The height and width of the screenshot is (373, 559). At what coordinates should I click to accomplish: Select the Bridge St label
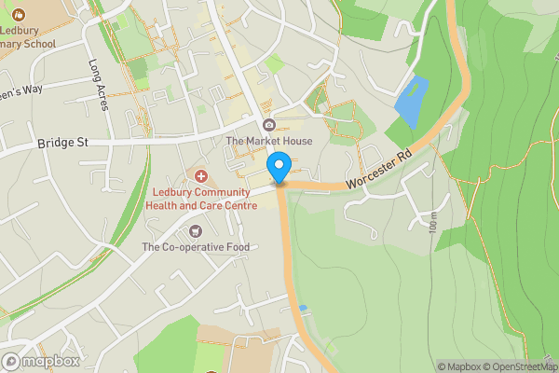[x=62, y=143]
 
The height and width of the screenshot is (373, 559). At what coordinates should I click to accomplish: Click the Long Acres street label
[x=100, y=85]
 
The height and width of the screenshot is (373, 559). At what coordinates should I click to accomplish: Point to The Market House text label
[x=269, y=141]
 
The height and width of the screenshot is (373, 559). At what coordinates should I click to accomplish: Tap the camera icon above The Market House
[x=269, y=126]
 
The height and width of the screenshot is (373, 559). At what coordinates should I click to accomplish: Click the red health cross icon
[x=200, y=176]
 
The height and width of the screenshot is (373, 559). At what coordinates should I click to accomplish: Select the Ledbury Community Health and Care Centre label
[x=196, y=199]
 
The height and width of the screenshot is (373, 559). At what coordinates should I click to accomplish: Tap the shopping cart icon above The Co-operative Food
[x=195, y=231]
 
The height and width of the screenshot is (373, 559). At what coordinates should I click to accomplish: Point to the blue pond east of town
[x=412, y=103]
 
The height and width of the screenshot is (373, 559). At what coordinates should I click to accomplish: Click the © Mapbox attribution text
[x=459, y=366]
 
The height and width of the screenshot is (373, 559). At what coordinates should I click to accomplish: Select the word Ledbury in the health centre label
[x=174, y=193]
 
